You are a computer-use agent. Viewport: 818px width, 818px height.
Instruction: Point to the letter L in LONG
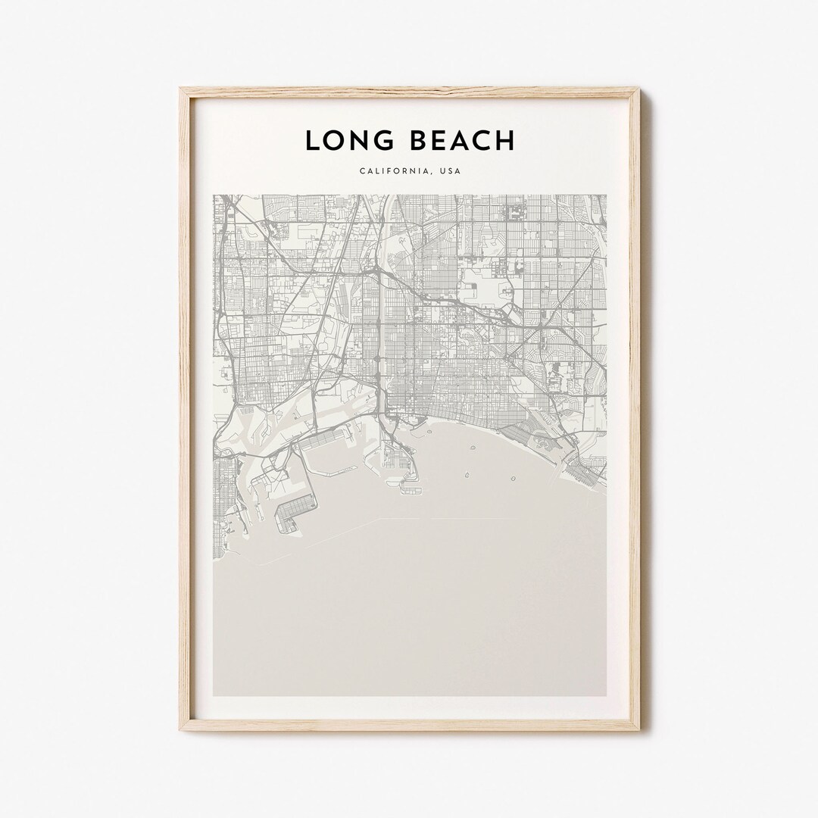[x=311, y=140]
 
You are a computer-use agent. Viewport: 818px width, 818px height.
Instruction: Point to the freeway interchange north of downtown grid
[x=373, y=268]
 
